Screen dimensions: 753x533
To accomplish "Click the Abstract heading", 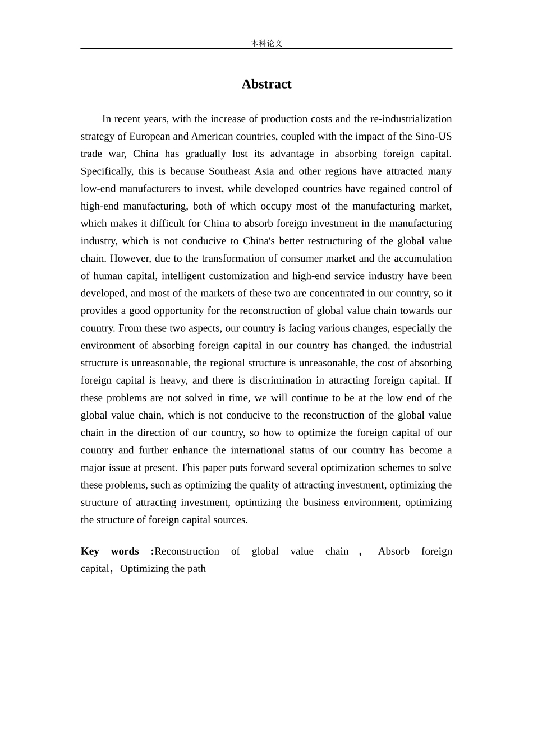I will (x=266, y=84).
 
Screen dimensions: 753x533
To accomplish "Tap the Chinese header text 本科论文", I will (x=266, y=43).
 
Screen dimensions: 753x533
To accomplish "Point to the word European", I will (x=150, y=136).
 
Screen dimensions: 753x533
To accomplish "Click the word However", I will (x=130, y=258).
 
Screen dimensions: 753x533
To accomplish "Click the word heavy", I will (x=173, y=380).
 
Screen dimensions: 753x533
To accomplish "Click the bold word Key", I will (x=90, y=551).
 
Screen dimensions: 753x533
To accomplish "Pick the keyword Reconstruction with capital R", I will (x=187, y=551).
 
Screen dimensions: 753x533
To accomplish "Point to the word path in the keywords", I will (x=196, y=569).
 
